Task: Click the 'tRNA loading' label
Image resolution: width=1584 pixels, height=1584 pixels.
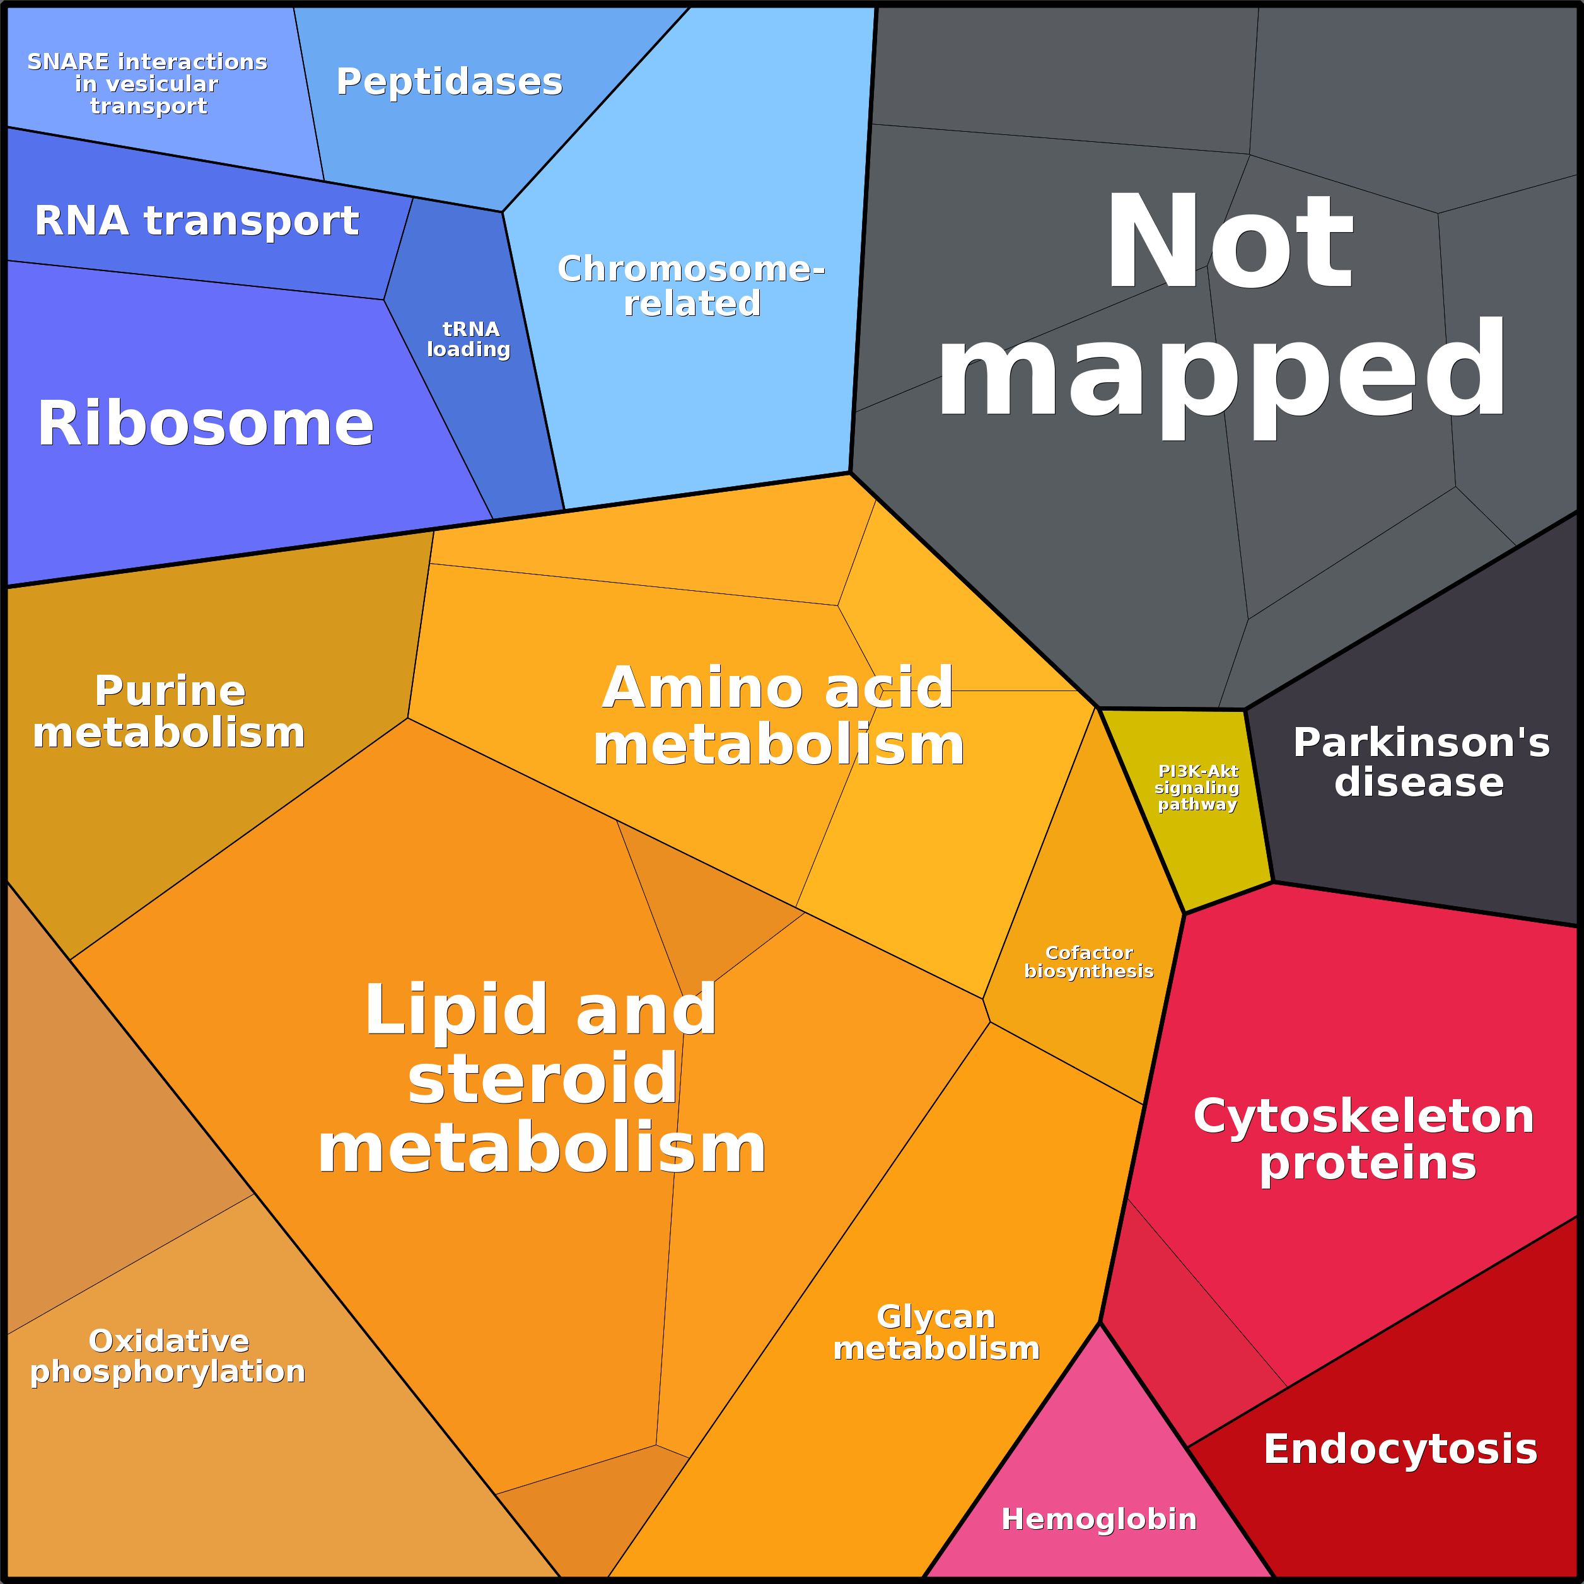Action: (469, 339)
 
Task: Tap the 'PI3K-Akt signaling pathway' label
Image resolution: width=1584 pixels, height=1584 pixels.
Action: (1197, 787)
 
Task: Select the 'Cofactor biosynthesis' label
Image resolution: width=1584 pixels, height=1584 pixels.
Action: (1089, 962)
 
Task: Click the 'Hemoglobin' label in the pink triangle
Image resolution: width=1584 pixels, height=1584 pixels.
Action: (1098, 1518)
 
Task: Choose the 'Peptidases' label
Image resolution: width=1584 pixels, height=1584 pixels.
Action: (450, 81)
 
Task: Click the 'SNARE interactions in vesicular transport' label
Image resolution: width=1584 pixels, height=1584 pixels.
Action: (148, 84)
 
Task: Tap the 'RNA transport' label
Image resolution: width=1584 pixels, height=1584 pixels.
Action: (197, 221)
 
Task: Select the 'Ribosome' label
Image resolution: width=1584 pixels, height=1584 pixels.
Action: (205, 423)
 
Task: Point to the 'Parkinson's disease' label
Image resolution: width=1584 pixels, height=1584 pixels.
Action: (1421, 762)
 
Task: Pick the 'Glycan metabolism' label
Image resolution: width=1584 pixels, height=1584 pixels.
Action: (936, 1332)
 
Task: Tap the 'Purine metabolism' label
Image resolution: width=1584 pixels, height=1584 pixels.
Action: (169, 711)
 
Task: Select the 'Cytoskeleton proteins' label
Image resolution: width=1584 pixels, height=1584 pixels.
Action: (1363, 1139)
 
